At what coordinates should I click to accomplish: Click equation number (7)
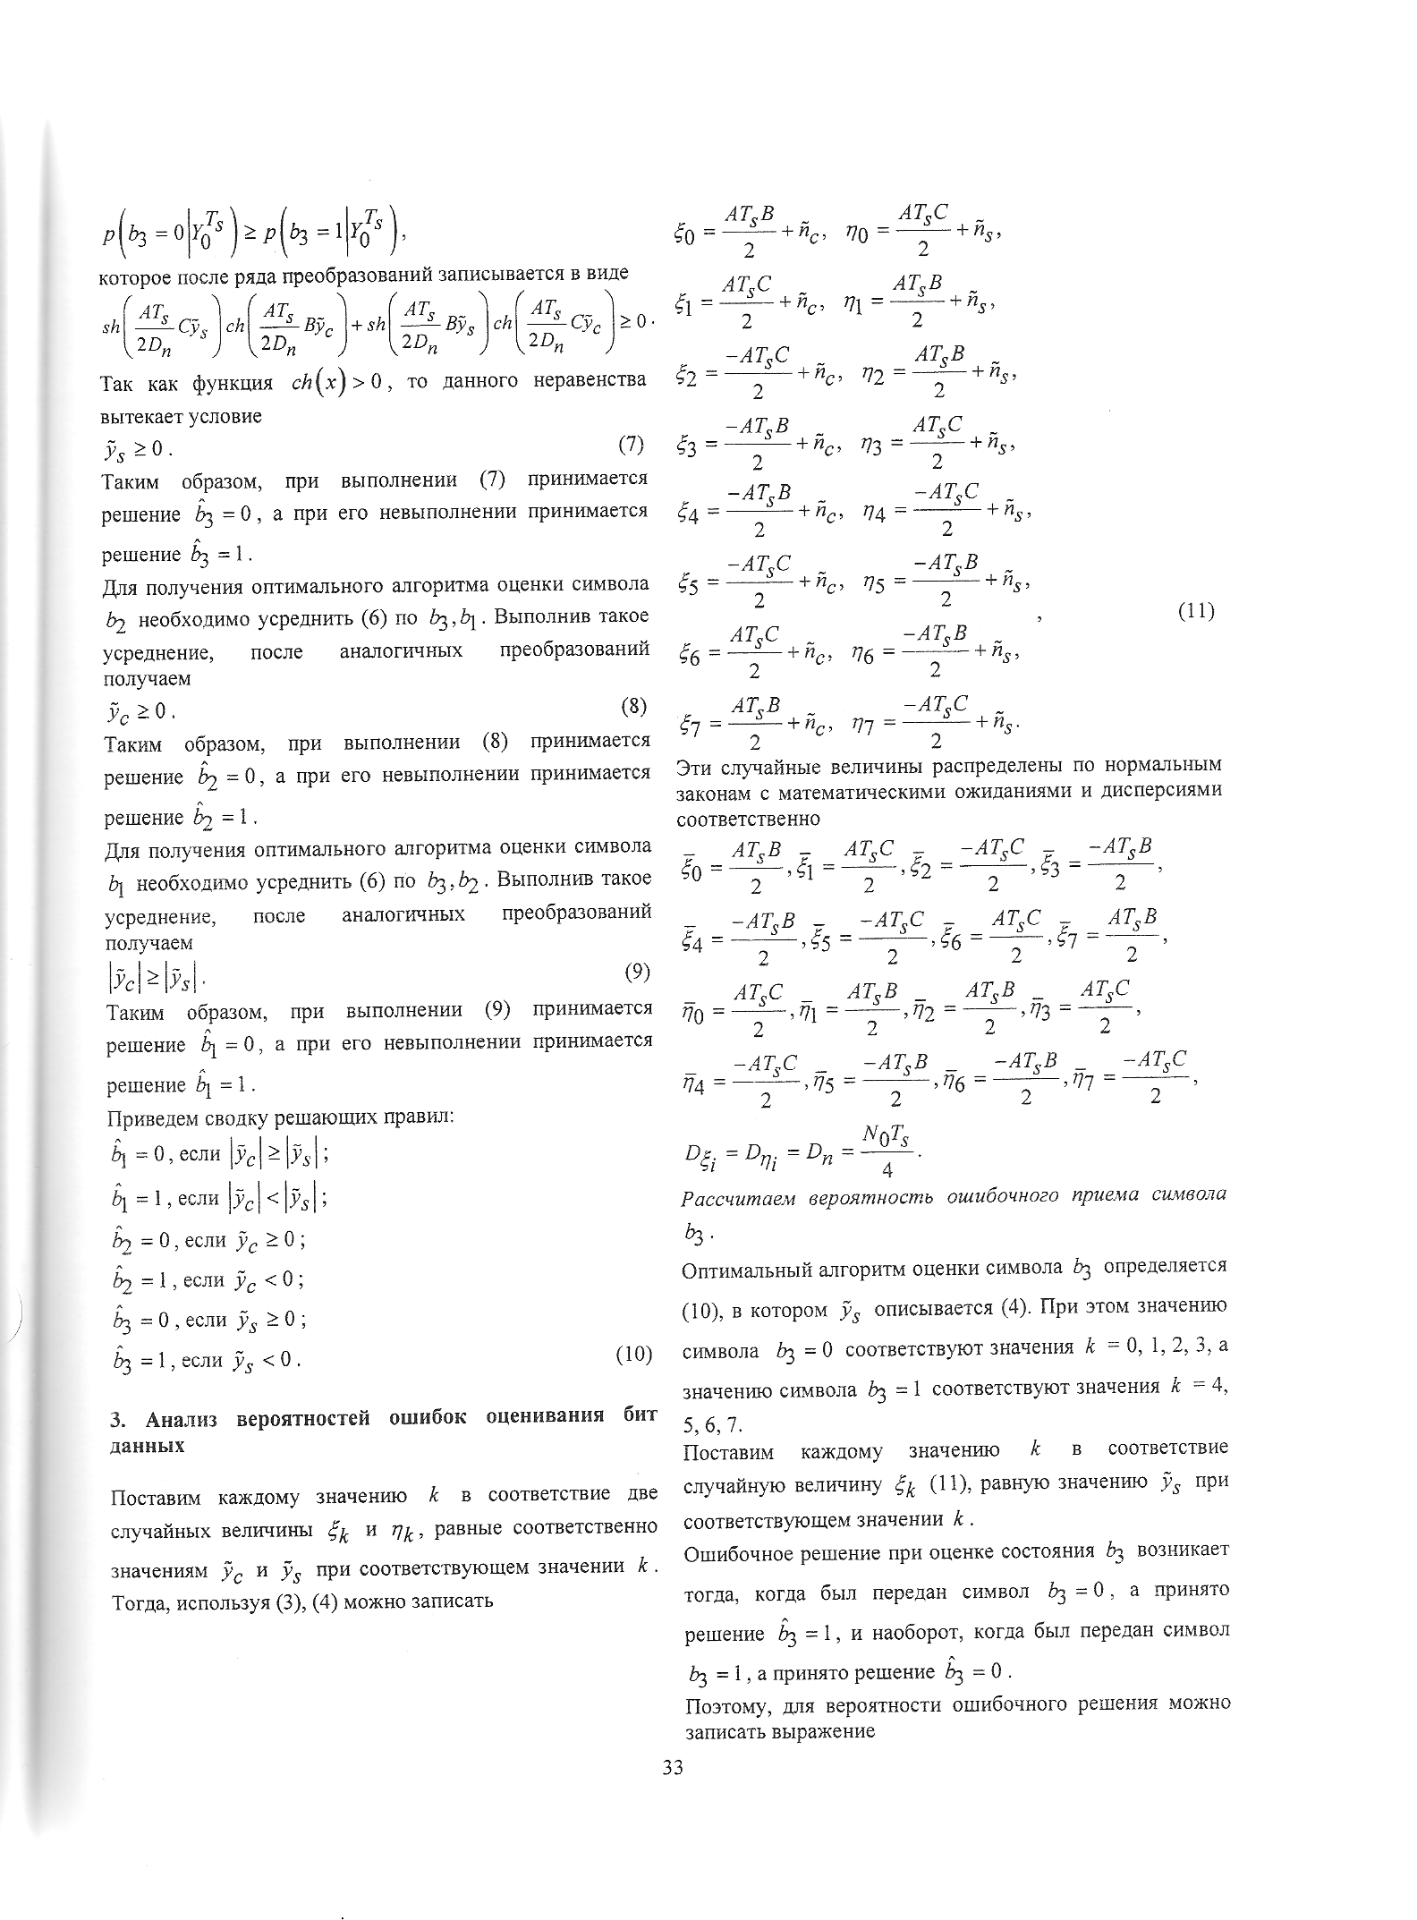[631, 444]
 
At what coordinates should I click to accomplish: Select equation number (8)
[632, 707]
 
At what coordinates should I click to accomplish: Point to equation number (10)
[633, 1355]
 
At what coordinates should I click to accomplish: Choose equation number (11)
[1195, 612]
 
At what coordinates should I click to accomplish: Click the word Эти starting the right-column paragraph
[696, 766]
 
